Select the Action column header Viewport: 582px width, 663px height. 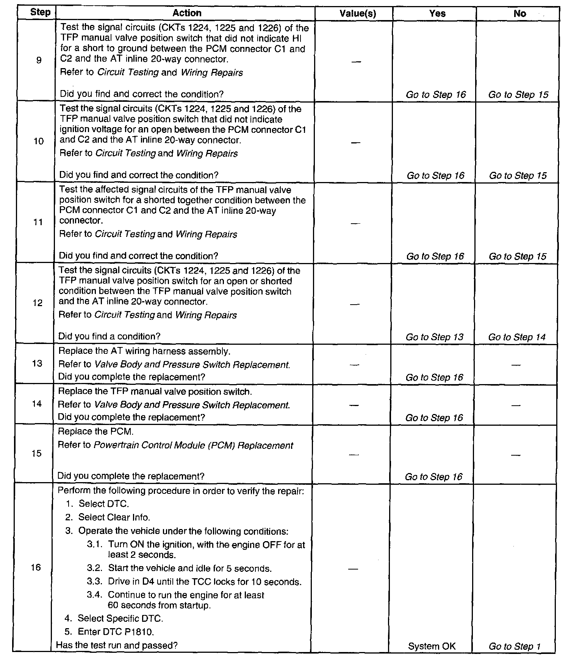[x=187, y=13]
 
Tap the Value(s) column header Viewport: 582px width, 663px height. [x=357, y=14]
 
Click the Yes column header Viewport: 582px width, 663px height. [x=437, y=14]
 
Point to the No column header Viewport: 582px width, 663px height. [x=519, y=14]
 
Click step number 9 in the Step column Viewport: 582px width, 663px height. [x=39, y=60]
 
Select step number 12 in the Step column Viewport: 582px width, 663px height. [x=38, y=303]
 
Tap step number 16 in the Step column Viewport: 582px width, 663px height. [x=36, y=567]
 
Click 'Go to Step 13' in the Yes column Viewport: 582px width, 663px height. [x=434, y=337]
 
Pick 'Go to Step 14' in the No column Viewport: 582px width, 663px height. [x=517, y=337]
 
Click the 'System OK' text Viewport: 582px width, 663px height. [x=432, y=646]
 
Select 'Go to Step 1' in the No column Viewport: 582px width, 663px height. [x=515, y=646]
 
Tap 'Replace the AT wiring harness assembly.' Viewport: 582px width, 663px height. [x=144, y=351]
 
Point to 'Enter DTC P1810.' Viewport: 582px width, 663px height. [x=116, y=632]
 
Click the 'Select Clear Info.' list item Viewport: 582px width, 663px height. [x=114, y=517]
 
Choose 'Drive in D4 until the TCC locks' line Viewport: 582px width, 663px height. [x=205, y=582]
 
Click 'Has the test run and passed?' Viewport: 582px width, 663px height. [x=117, y=645]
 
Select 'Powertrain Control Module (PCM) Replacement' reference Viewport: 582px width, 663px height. [x=193, y=445]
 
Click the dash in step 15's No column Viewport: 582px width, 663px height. [x=516, y=455]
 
